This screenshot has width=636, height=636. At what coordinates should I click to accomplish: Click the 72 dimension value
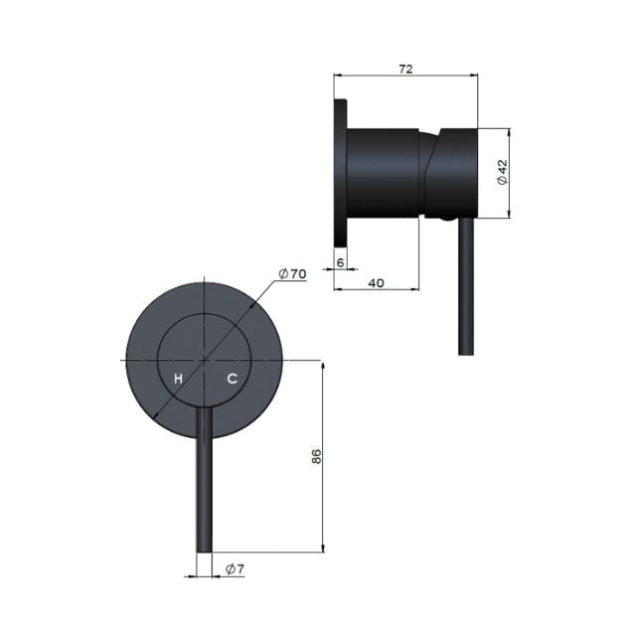click(405, 70)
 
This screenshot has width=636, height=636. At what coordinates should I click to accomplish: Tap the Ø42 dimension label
click(503, 172)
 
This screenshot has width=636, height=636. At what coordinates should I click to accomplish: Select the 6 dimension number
click(340, 262)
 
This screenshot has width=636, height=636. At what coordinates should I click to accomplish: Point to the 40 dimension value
click(376, 283)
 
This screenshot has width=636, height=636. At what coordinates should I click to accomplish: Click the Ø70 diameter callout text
click(292, 274)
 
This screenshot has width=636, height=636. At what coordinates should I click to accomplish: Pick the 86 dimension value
click(316, 456)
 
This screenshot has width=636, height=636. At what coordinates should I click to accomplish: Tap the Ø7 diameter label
click(236, 569)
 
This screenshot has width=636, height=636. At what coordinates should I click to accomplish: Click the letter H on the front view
click(178, 379)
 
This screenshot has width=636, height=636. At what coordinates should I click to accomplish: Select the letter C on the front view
click(232, 379)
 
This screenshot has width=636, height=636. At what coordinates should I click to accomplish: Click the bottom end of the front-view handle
click(204, 552)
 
